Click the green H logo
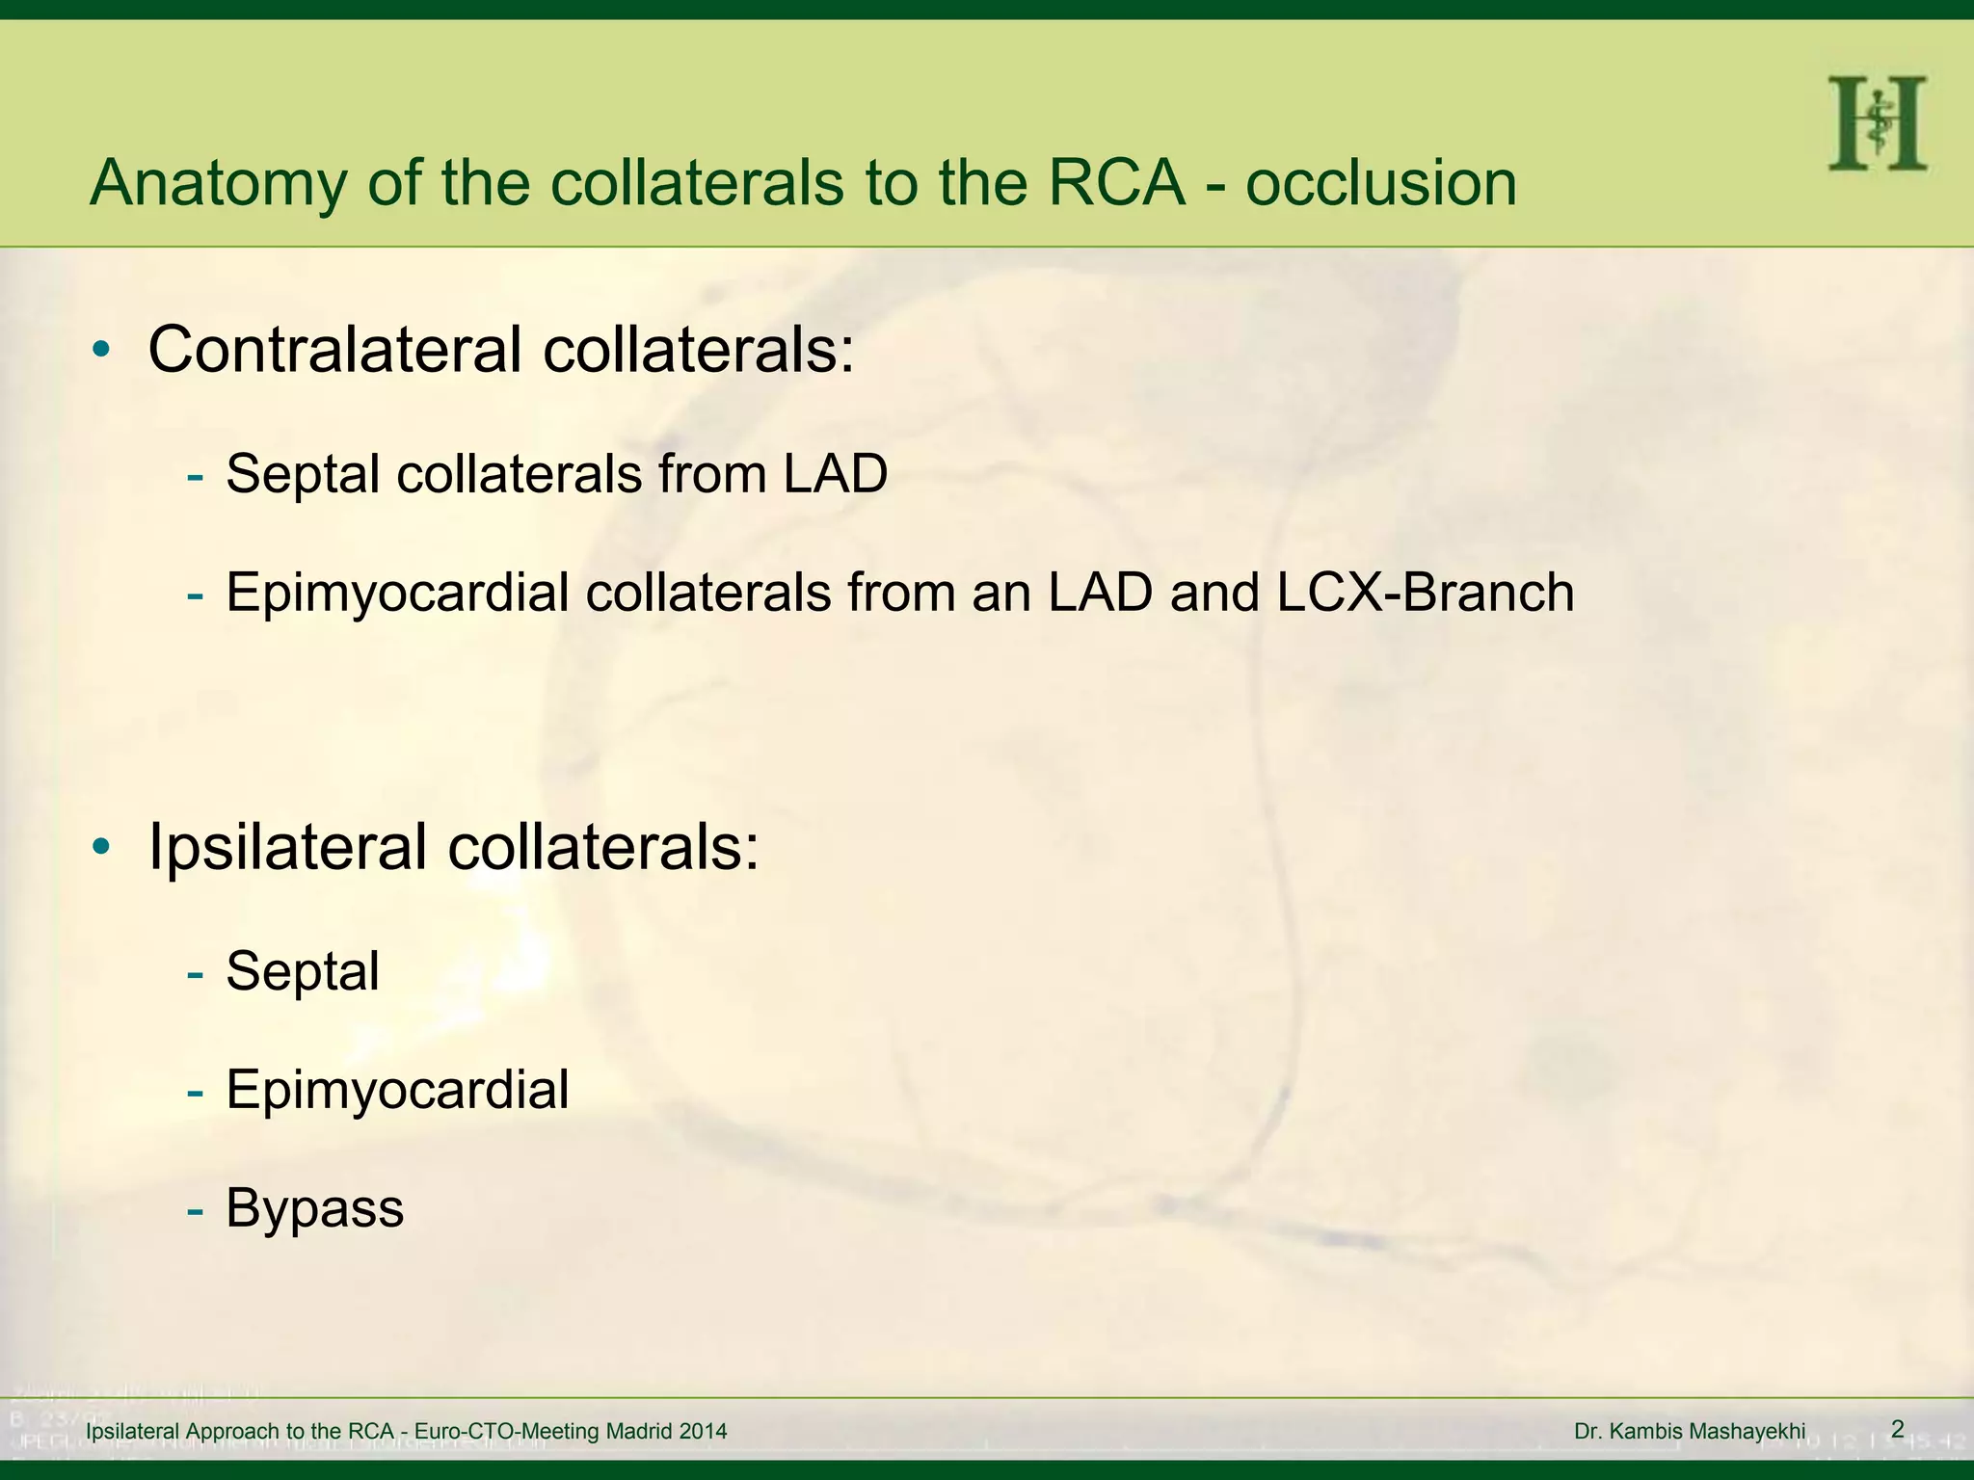(1877, 124)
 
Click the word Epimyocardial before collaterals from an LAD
(397, 594)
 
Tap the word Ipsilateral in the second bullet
(287, 847)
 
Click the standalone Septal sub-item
(302, 971)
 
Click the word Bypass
(314, 1209)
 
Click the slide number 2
(1897, 1429)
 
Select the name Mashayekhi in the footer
(1747, 1432)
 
